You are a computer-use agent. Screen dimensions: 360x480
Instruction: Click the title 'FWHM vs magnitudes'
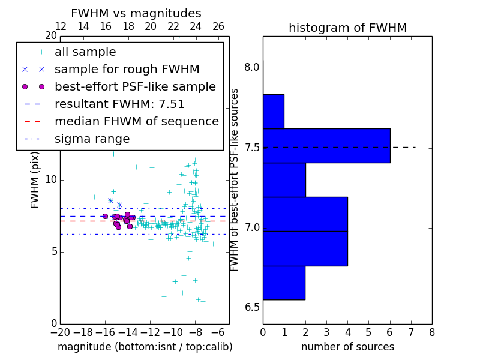click(136, 13)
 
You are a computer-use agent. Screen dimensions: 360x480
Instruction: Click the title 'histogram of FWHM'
click(347, 28)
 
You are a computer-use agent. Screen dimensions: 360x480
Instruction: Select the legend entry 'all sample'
click(85, 52)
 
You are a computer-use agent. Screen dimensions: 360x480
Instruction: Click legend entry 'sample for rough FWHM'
click(127, 70)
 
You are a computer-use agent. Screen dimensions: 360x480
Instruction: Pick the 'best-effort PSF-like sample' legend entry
click(135, 87)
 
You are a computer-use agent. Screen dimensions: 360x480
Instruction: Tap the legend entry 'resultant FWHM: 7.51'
click(119, 104)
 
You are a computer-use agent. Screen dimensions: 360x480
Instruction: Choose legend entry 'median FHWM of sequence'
click(136, 122)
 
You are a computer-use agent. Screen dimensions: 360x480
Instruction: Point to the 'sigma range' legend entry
click(92, 139)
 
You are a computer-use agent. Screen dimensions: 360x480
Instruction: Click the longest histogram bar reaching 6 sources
click(326, 146)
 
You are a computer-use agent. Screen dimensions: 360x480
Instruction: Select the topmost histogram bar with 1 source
click(273, 112)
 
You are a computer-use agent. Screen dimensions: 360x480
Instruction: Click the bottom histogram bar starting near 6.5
click(284, 283)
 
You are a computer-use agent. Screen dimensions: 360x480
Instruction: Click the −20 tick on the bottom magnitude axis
click(60, 332)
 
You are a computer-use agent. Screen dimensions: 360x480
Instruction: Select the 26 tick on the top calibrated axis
click(218, 27)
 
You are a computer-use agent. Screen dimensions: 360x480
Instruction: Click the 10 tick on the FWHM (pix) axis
click(50, 179)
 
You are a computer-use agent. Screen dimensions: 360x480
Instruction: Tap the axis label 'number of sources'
click(347, 347)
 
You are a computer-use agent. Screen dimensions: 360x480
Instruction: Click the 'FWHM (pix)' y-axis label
click(35, 180)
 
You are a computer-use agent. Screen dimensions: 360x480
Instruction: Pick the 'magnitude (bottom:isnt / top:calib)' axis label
click(145, 347)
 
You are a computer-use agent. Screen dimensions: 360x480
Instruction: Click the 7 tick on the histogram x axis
click(411, 332)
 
